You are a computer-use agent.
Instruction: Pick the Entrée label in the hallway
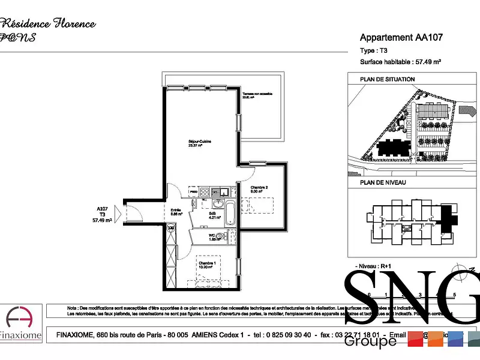(x=176, y=211)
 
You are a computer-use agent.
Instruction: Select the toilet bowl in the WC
(x=220, y=236)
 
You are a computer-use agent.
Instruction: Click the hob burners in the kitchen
(x=204, y=192)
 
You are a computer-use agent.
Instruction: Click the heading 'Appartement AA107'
(x=401, y=37)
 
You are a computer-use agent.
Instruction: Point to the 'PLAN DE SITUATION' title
(x=387, y=79)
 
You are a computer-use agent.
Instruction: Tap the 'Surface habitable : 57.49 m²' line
(x=401, y=62)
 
